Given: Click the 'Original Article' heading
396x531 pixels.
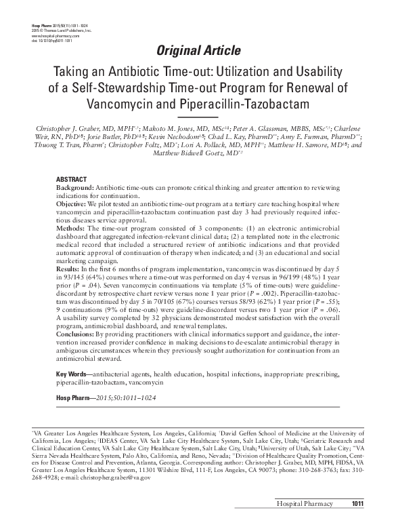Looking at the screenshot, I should pyautogui.click(x=198, y=50).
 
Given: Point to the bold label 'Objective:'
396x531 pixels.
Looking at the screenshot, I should pyautogui.click(x=72, y=203).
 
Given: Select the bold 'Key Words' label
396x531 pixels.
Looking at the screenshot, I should pyautogui.click(x=72, y=375).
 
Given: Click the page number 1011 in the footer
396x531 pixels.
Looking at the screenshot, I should pyautogui.click(x=358, y=522).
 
